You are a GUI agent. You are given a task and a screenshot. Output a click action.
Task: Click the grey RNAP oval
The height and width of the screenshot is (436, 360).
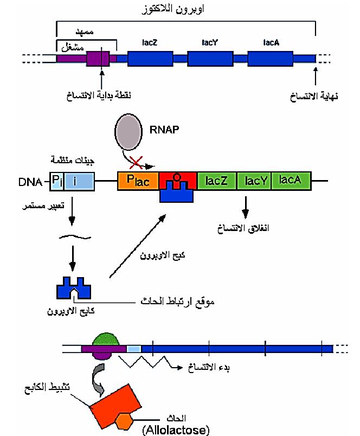click(129, 132)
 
